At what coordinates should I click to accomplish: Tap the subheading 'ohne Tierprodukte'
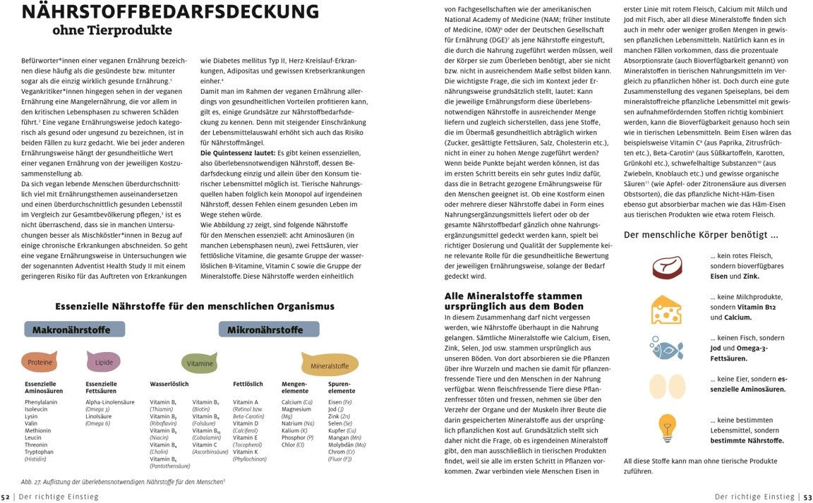click(x=112, y=30)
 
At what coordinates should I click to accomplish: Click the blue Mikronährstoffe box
click(x=265, y=329)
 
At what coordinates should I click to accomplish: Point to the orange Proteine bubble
click(x=40, y=362)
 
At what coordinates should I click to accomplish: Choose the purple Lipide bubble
click(x=104, y=362)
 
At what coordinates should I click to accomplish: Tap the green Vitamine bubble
click(x=200, y=363)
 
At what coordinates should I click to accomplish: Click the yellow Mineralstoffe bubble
click(x=330, y=365)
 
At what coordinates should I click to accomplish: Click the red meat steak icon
click(x=667, y=267)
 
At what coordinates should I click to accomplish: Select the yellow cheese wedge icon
click(x=667, y=308)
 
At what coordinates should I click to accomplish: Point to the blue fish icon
click(x=667, y=349)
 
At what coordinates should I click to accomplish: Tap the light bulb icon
click(x=666, y=428)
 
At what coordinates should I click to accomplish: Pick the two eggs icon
click(x=667, y=387)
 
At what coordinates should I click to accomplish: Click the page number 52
click(x=6, y=497)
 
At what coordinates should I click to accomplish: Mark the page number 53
click(x=807, y=497)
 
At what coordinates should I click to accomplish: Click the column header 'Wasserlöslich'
click(x=169, y=384)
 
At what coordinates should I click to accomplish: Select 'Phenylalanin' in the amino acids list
click(x=41, y=402)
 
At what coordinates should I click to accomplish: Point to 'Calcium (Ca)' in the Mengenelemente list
click(x=296, y=402)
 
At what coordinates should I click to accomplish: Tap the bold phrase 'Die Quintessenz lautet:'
click(x=236, y=152)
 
